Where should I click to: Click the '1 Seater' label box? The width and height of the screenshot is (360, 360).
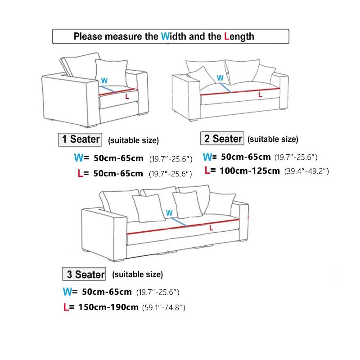click(81, 139)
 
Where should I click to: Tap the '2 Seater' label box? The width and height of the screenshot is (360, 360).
click(223, 139)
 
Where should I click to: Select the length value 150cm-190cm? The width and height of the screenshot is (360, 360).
click(105, 307)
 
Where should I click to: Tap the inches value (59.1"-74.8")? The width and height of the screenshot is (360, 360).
click(164, 308)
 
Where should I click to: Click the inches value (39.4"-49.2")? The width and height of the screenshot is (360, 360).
click(307, 171)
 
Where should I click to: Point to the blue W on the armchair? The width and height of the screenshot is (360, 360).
click(104, 81)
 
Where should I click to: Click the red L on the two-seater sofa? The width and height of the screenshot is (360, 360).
click(260, 95)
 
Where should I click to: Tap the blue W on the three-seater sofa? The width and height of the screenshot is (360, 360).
click(169, 212)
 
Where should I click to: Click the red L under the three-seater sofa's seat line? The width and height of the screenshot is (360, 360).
click(211, 228)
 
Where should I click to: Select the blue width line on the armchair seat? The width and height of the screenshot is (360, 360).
click(108, 90)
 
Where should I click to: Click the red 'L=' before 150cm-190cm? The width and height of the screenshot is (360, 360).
click(69, 307)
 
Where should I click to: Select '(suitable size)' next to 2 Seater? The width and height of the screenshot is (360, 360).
click(273, 139)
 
